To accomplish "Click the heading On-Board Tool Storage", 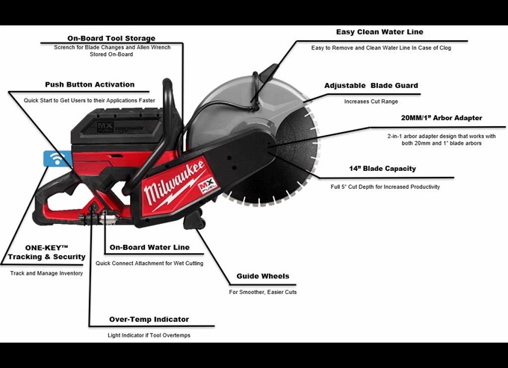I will pyautogui.click(x=111, y=38).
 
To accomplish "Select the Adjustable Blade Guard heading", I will pyautogui.click(x=371, y=85).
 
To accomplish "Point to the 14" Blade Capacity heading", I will pyautogui.click(x=383, y=169).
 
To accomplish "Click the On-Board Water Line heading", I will pyautogui.click(x=149, y=247).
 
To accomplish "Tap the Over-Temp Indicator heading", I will pyautogui.click(x=149, y=319).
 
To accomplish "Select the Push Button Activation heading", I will pyautogui.click(x=90, y=84).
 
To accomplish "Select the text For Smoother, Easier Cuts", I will pyautogui.click(x=262, y=292).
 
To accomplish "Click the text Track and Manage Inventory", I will pyautogui.click(x=46, y=273).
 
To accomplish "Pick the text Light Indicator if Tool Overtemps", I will pyautogui.click(x=149, y=335).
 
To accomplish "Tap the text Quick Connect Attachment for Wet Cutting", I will pyautogui.click(x=149, y=262).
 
